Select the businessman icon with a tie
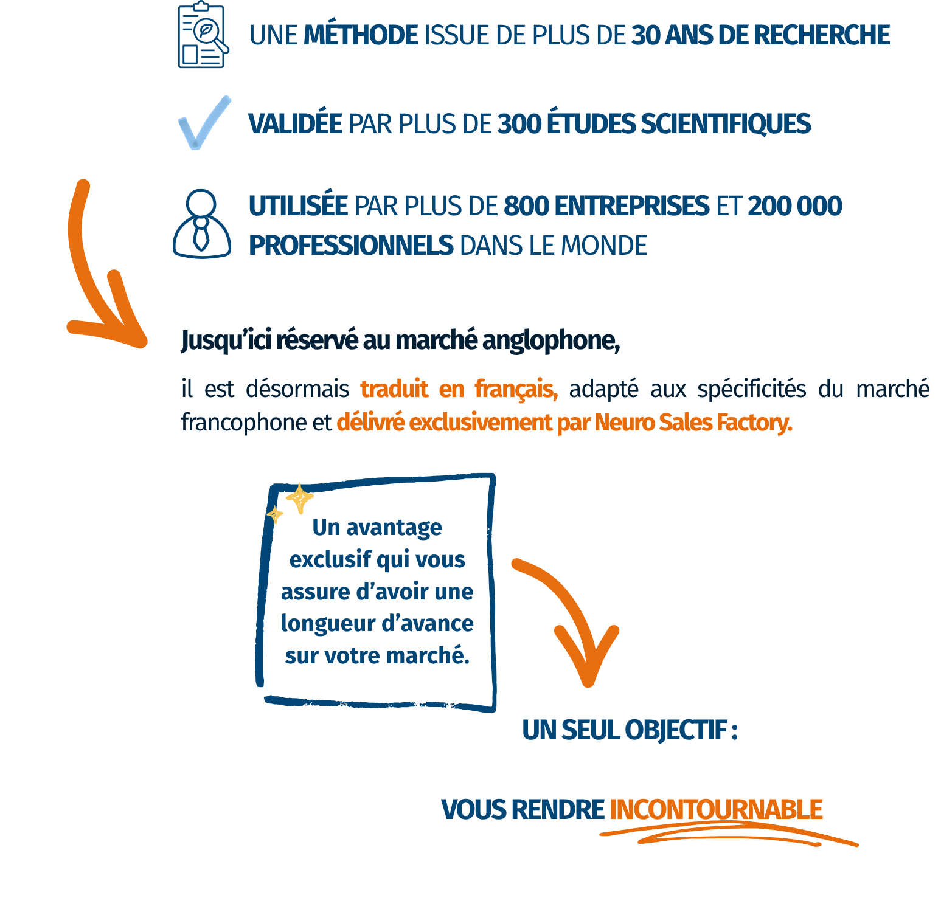click(202, 224)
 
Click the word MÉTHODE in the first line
click(361, 35)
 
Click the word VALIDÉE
click(295, 124)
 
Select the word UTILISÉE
click(298, 206)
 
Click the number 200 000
click(794, 206)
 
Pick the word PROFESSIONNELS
click(351, 246)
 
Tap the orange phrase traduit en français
click(459, 389)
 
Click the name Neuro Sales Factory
click(693, 422)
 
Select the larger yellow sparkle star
click(300, 499)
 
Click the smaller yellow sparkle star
click(275, 515)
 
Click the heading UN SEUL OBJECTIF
click(629, 730)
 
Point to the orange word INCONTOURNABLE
click(716, 810)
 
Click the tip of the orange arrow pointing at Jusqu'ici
click(142, 343)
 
